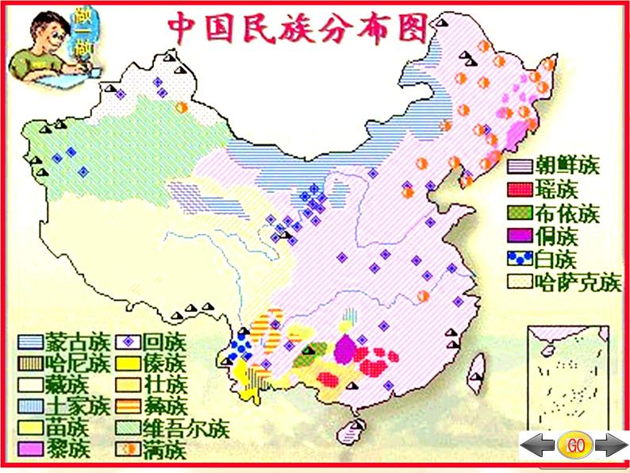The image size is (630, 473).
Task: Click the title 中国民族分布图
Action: pyautogui.click(x=298, y=29)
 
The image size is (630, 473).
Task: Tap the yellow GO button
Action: pyautogui.click(x=575, y=445)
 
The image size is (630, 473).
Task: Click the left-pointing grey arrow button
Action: pyautogui.click(x=538, y=446)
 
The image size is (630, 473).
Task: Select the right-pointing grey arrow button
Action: pyautogui.click(x=611, y=446)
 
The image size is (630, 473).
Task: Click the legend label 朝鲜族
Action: pyautogui.click(x=567, y=167)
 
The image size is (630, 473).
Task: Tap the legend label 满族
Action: pyautogui.click(x=164, y=451)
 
